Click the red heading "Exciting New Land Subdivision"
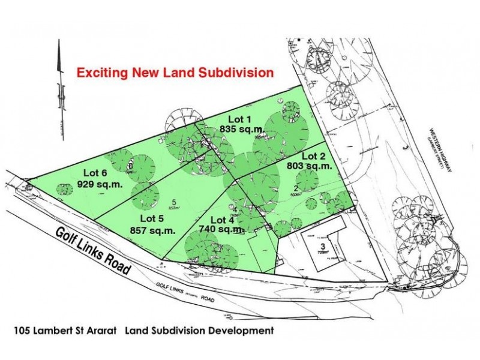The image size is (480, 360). (175, 73)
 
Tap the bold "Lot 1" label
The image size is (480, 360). (239, 118)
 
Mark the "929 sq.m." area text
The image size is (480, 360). (100, 185)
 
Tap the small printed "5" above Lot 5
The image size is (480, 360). (173, 202)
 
